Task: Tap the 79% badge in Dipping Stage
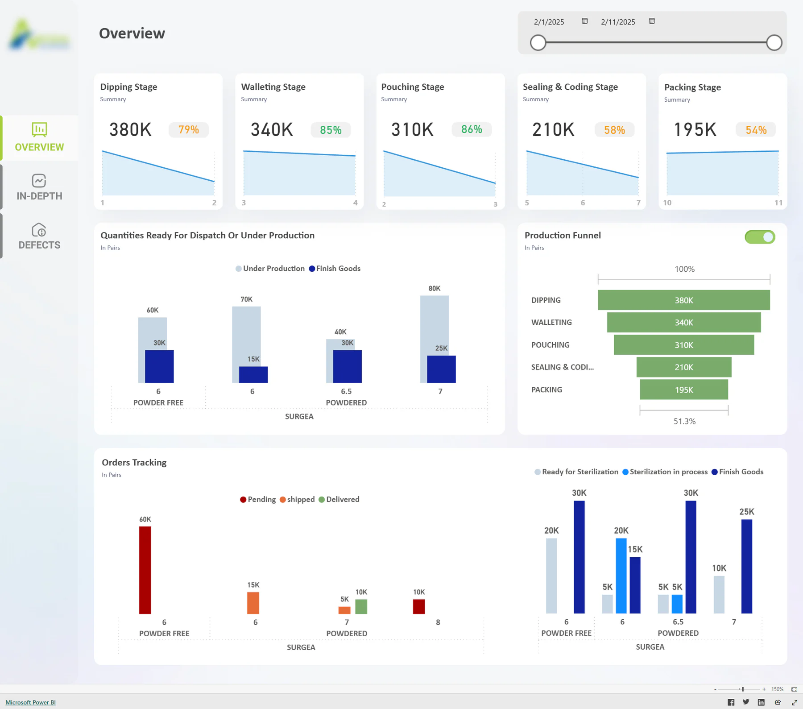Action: pos(189,130)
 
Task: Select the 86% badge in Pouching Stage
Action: pos(472,129)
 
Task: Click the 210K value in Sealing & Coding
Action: pos(553,130)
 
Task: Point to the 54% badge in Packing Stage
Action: pos(756,130)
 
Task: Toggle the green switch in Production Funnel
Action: pos(760,237)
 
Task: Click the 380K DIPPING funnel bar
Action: pos(684,300)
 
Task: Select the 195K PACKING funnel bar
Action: pos(684,390)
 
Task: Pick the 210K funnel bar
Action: pos(684,367)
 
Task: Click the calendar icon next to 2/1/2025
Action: pos(585,21)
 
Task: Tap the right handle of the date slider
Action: pos(774,43)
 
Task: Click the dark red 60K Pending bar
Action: pos(145,570)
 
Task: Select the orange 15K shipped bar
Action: pos(253,603)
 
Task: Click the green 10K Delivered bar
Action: pos(361,606)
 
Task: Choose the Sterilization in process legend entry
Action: pos(665,472)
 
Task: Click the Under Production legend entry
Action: pos(270,269)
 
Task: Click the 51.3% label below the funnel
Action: pos(684,421)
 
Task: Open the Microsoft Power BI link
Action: pos(30,702)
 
